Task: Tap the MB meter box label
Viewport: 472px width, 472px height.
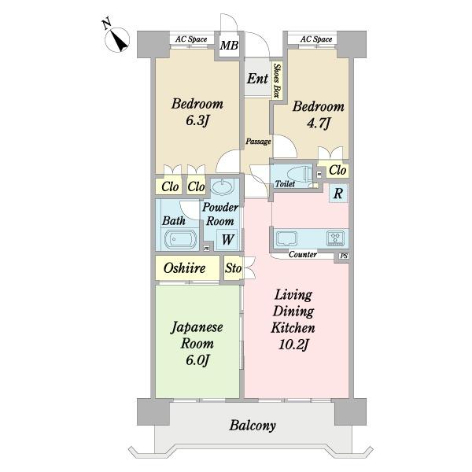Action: (x=229, y=46)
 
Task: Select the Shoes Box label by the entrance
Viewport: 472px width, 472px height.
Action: (x=277, y=80)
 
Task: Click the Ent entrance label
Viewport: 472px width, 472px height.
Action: (x=257, y=79)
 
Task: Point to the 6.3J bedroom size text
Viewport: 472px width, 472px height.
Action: (x=197, y=121)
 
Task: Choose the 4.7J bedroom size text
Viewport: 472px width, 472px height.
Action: (x=319, y=124)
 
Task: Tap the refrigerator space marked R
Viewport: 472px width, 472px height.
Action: (x=338, y=193)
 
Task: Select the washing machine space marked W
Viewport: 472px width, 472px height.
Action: (x=227, y=240)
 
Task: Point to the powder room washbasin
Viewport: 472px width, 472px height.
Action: (x=222, y=187)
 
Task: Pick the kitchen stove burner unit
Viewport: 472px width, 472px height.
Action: (x=335, y=238)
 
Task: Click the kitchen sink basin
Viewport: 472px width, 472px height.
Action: (x=287, y=238)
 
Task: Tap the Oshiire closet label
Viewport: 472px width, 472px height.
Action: (x=185, y=268)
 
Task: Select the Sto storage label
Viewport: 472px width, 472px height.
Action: (x=234, y=268)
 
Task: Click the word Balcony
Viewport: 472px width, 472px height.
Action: (x=253, y=426)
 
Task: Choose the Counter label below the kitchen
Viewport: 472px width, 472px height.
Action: (x=303, y=254)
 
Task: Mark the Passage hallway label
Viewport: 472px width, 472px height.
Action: (x=258, y=141)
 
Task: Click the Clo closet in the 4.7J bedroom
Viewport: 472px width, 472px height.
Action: (x=337, y=170)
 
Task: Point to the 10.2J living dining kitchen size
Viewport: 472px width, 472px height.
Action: (x=293, y=344)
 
